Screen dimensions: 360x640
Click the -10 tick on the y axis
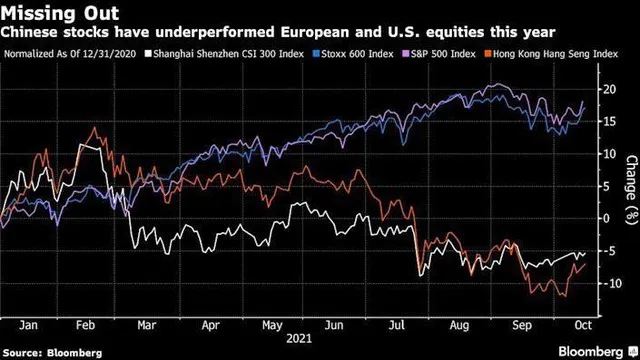tap(604, 283)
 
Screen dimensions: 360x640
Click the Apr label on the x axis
tap(211, 325)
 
